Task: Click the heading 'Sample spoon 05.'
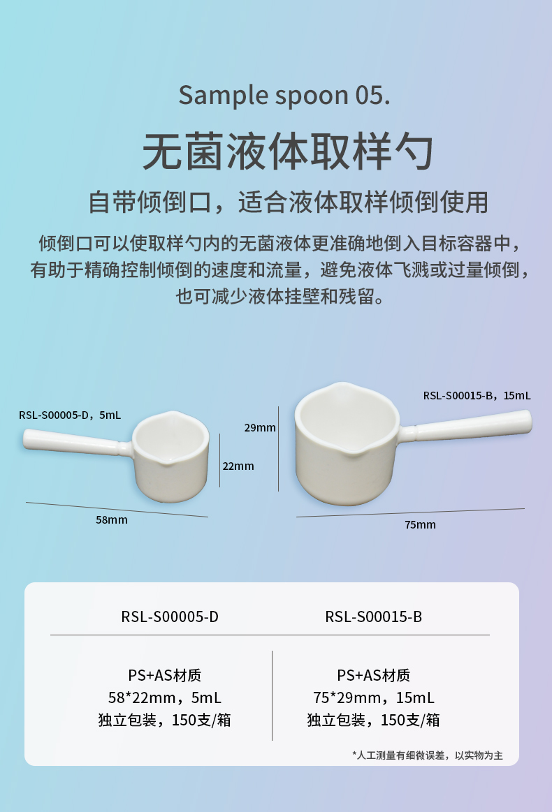pyautogui.click(x=284, y=95)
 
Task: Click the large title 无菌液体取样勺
pyautogui.click(x=288, y=149)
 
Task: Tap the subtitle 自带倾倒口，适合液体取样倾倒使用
pyautogui.click(x=288, y=202)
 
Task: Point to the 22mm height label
pyautogui.click(x=238, y=466)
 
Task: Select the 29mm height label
pyautogui.click(x=260, y=427)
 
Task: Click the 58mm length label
pyautogui.click(x=112, y=519)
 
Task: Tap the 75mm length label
pyautogui.click(x=420, y=524)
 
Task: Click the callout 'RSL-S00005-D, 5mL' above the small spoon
pyautogui.click(x=70, y=415)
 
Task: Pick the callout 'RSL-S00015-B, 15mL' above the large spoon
pyautogui.click(x=477, y=395)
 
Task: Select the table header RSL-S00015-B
pyautogui.click(x=373, y=617)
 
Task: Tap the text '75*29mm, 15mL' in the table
pyautogui.click(x=373, y=697)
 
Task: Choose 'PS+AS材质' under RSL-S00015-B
pyautogui.click(x=373, y=675)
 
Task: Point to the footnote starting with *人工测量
pyautogui.click(x=427, y=755)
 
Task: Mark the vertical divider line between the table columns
pyautogui.click(x=272, y=695)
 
